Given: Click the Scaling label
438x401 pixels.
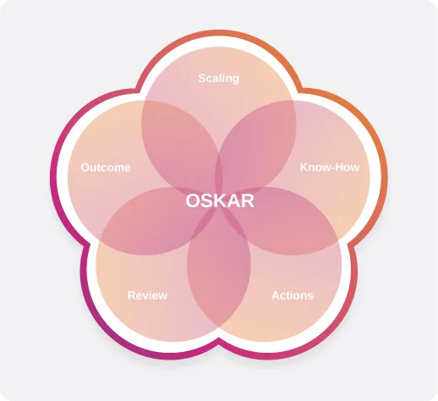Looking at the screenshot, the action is coord(219,79).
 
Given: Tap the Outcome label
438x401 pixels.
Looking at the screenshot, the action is coord(106,168).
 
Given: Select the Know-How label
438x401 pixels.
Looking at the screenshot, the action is coord(330,168).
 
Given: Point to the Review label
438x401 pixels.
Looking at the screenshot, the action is coord(147,295).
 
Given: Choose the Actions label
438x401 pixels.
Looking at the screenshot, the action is coord(293,295).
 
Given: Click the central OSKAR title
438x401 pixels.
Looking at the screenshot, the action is coord(220,200).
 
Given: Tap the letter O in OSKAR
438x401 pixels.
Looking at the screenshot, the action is coord(193,200).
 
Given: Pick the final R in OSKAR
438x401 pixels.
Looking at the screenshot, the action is coord(248,200).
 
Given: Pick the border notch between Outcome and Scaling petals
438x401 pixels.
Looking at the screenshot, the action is coord(138,91).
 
